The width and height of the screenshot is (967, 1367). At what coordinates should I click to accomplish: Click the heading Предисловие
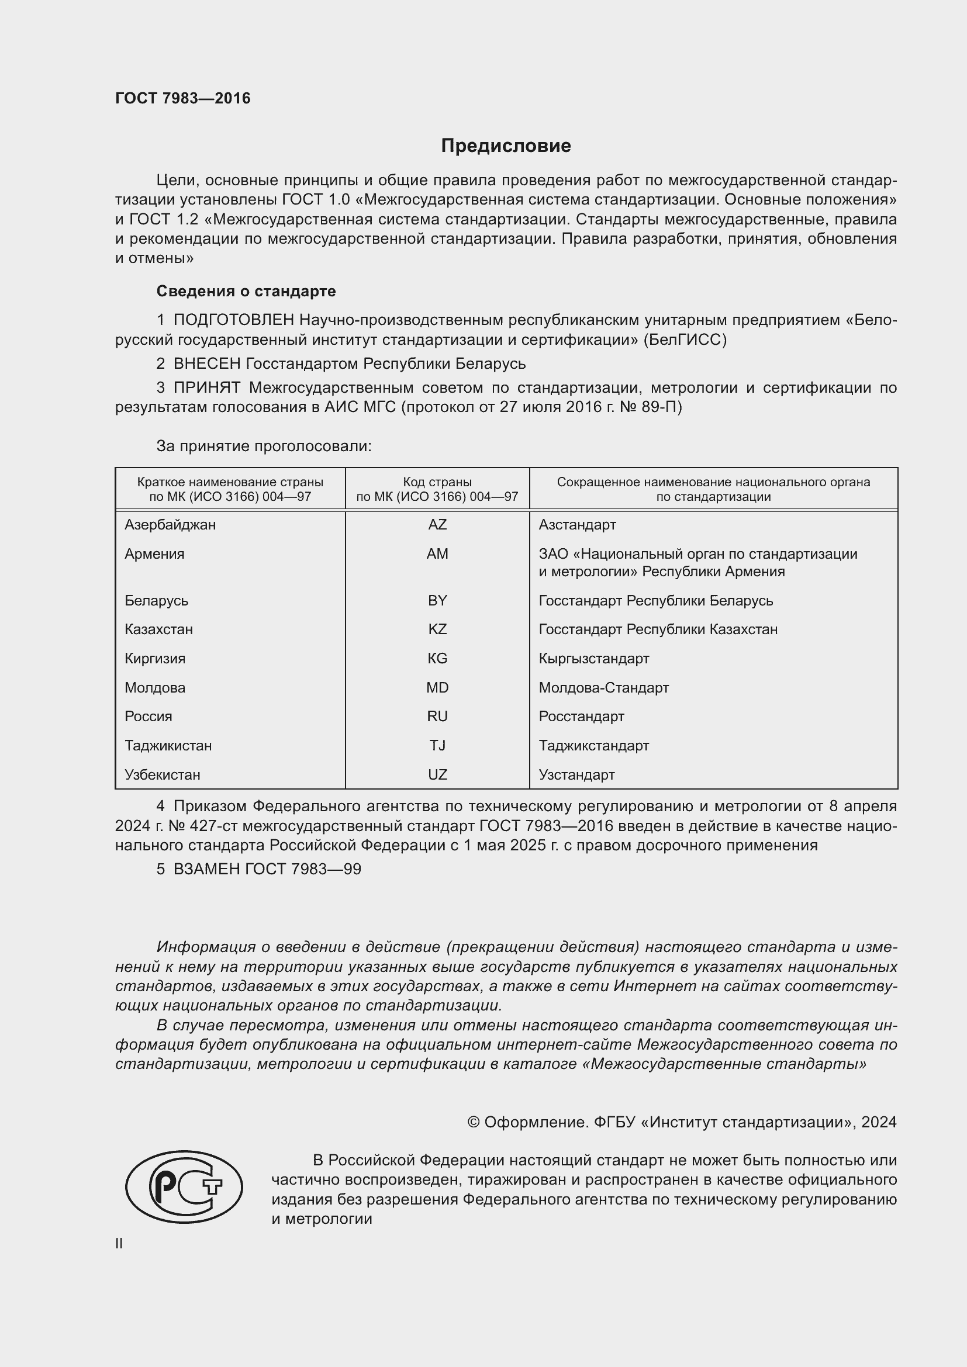[x=506, y=146]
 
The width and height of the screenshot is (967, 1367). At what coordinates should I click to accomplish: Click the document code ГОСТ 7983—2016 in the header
[x=183, y=98]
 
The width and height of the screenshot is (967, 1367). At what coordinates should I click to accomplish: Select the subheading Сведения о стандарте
[x=246, y=291]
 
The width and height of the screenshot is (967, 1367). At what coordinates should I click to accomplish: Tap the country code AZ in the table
[x=437, y=524]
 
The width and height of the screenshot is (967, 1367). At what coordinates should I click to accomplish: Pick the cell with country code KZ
[x=437, y=629]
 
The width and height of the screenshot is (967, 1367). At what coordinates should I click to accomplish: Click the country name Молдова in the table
[x=155, y=688]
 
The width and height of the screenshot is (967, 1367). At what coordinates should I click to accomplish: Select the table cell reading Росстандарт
[x=581, y=717]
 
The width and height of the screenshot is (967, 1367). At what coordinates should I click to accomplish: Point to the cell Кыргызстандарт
[x=593, y=659]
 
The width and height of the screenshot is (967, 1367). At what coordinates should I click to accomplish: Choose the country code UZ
[x=437, y=774]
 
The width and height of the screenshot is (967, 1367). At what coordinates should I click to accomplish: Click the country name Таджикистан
[x=168, y=745]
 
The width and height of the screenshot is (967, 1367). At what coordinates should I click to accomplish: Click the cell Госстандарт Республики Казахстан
[x=658, y=629]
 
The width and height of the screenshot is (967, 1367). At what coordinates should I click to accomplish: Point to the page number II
[x=119, y=1243]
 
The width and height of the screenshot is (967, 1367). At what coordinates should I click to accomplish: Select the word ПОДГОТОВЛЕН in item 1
[x=233, y=320]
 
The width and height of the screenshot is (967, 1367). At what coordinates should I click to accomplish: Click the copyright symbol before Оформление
[x=474, y=1122]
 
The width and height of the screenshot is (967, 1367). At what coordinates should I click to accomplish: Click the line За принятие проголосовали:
[x=264, y=446]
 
